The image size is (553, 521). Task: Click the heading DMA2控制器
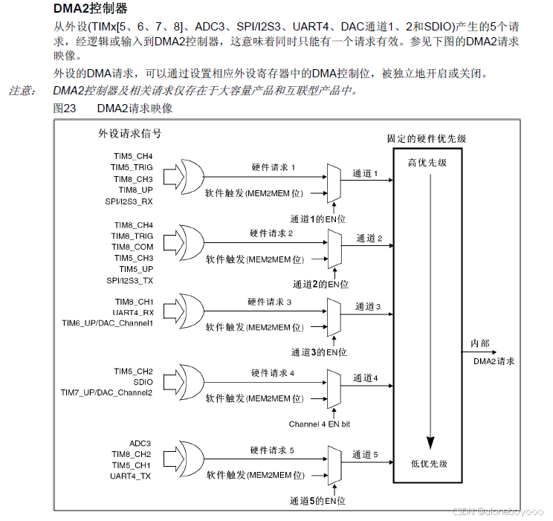[x=91, y=9]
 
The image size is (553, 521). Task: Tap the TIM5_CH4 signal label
[x=133, y=157]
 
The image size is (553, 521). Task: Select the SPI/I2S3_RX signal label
[x=129, y=201]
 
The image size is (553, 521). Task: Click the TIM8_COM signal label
[x=133, y=247]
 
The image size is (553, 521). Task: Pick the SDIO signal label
[x=143, y=381]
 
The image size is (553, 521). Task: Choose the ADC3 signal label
[x=140, y=443]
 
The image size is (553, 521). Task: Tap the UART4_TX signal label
[x=131, y=476]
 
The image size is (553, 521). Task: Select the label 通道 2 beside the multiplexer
[x=369, y=239]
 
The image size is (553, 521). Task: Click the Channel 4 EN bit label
[x=319, y=424]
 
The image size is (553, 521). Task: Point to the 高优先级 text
[x=427, y=163]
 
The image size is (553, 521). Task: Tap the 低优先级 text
[x=429, y=464]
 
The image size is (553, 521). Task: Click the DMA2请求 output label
[x=494, y=361]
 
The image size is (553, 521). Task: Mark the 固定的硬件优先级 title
[x=427, y=139]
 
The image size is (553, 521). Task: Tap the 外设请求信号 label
[x=130, y=135]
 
